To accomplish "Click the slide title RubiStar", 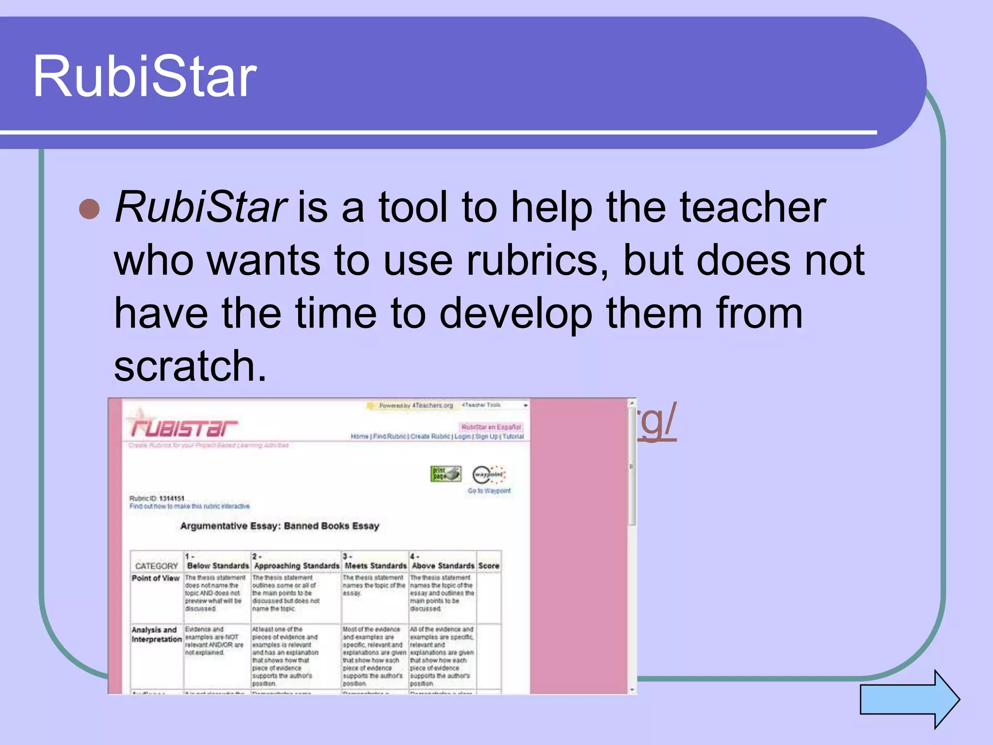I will point(144,76).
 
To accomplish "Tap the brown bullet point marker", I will point(89,209).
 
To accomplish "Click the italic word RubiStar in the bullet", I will point(201,208).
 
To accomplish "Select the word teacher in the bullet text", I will point(753,208).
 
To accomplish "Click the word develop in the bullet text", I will point(516,313).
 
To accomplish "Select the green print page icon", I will point(446,474).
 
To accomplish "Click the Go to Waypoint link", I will point(489,491).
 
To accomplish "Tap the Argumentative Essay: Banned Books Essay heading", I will point(279,526).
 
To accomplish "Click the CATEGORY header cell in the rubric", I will point(156,566).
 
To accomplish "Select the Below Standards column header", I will point(217,566).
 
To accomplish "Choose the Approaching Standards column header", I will point(296,566).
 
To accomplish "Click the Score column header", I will point(488,566).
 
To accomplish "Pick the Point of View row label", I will point(155,578).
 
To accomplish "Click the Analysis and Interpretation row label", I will point(156,634).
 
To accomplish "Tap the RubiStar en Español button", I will point(491,427).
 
